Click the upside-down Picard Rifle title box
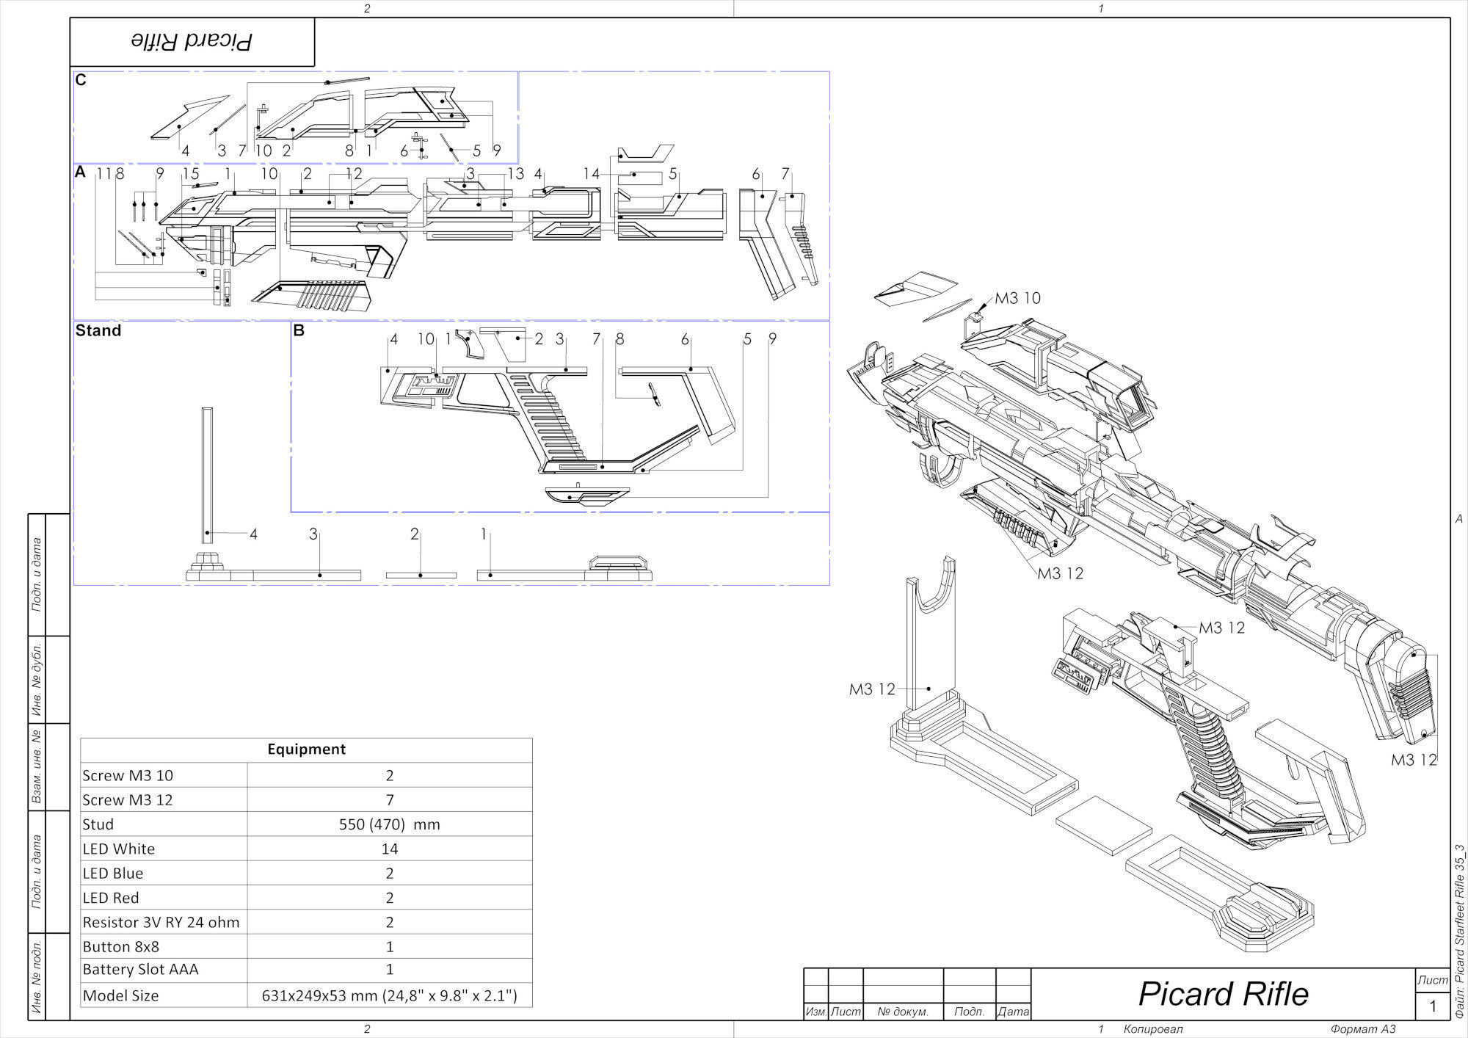(x=192, y=42)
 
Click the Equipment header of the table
(x=306, y=750)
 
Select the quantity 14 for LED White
(x=389, y=849)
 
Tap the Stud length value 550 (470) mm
(x=389, y=824)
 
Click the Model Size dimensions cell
(x=389, y=996)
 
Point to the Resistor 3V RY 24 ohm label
(x=161, y=922)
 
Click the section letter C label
(x=81, y=80)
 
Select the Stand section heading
(x=98, y=330)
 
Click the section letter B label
(x=299, y=330)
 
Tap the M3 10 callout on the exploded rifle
(x=1017, y=298)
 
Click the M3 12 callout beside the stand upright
(x=872, y=689)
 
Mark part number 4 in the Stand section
(x=253, y=534)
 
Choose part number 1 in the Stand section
(x=484, y=534)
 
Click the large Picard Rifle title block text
(x=1223, y=994)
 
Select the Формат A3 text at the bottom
(x=1363, y=1029)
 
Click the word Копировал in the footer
(x=1153, y=1029)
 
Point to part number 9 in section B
(x=772, y=339)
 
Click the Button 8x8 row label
(x=120, y=946)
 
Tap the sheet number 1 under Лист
(x=1432, y=1006)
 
